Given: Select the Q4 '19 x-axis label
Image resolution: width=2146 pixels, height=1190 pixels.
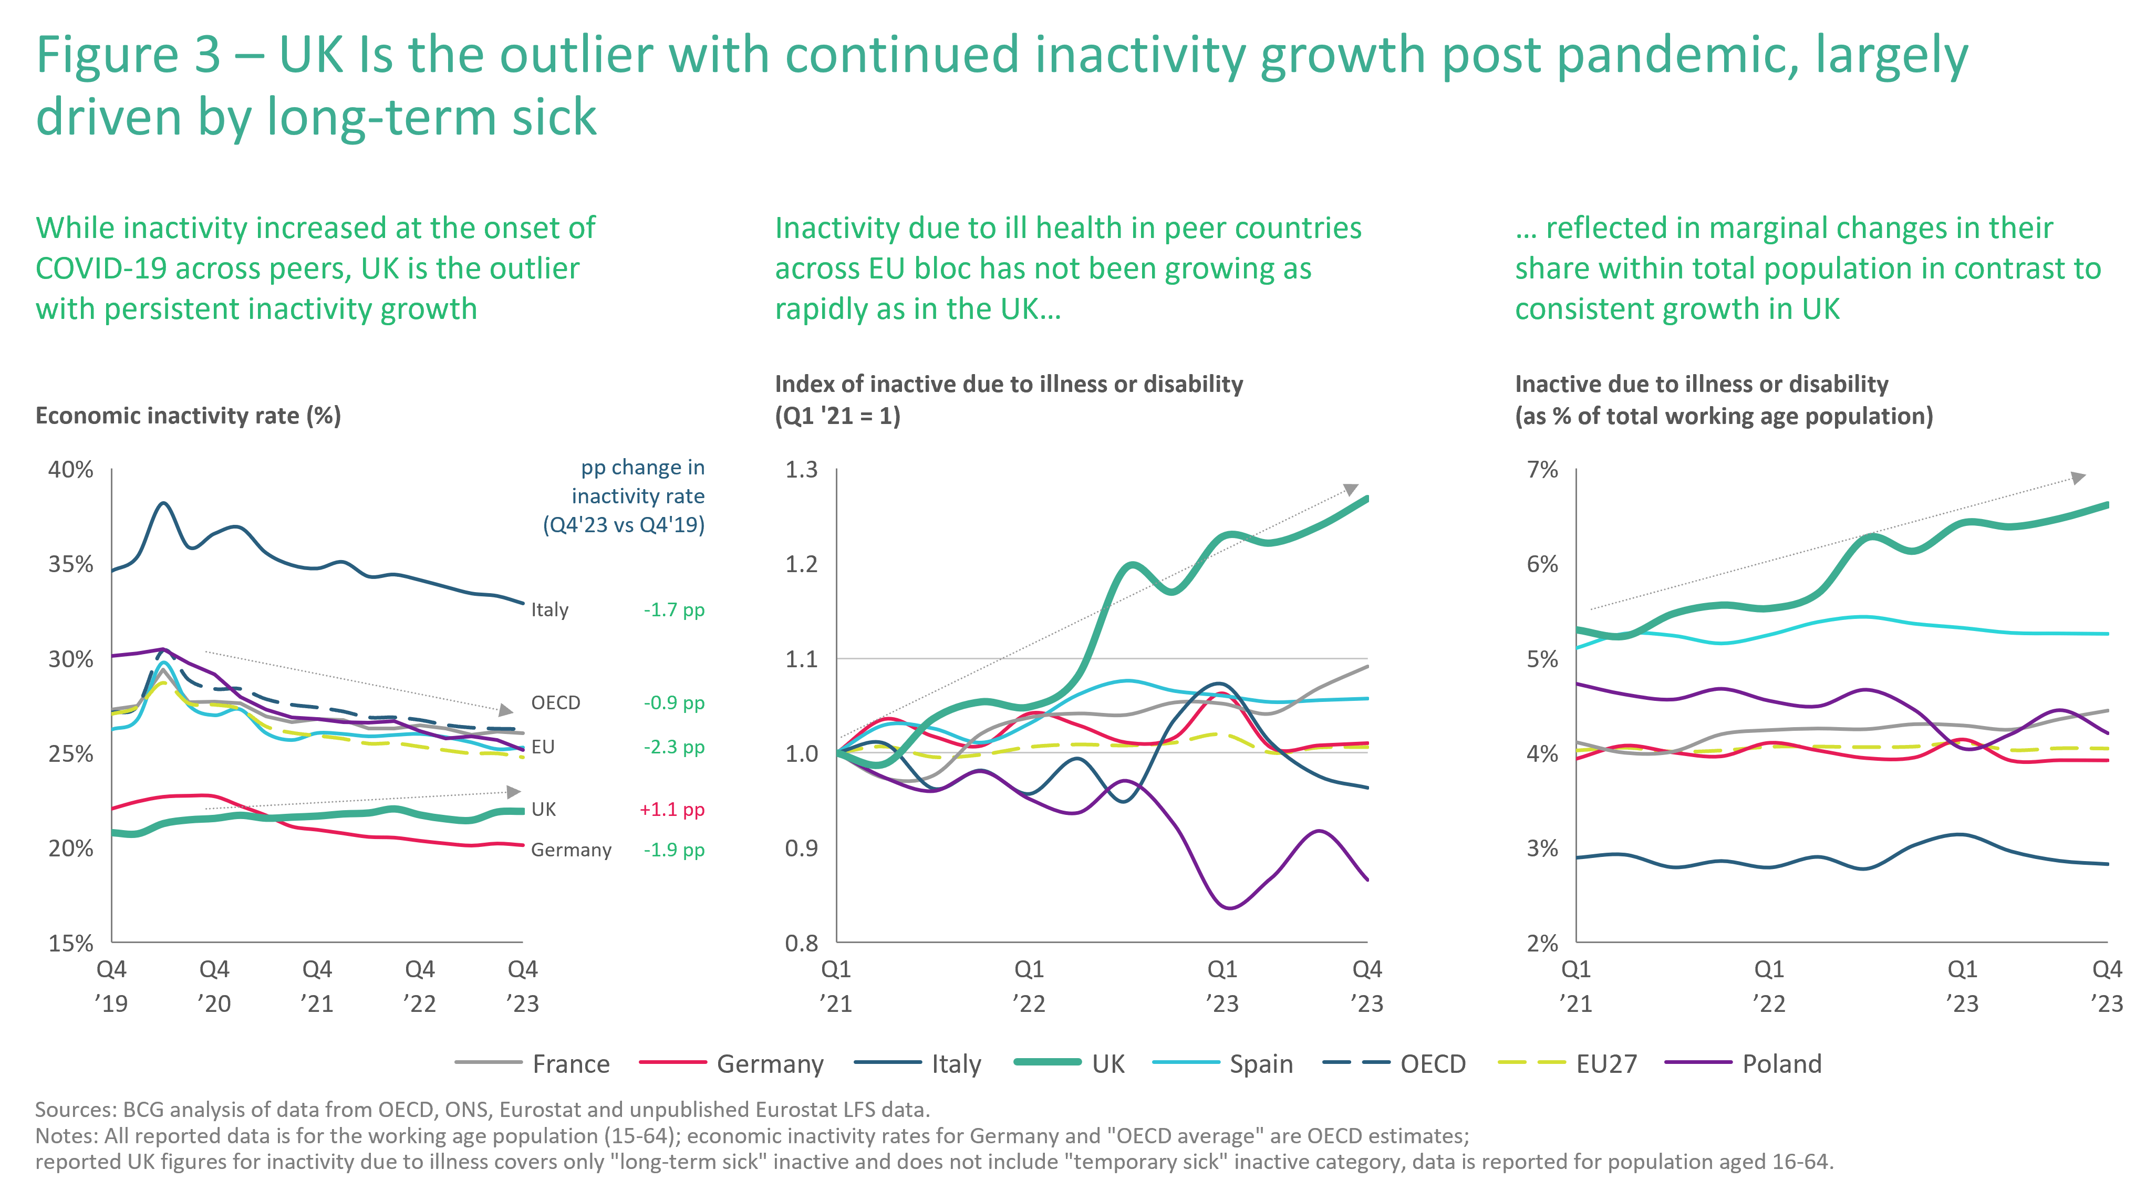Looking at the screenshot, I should point(111,985).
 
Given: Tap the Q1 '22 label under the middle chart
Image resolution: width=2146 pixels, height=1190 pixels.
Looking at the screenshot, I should point(1029,985).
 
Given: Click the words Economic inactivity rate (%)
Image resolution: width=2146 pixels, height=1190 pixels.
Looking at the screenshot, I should point(188,415).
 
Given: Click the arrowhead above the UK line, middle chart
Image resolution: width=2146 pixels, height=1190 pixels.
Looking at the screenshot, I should point(1351,489).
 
